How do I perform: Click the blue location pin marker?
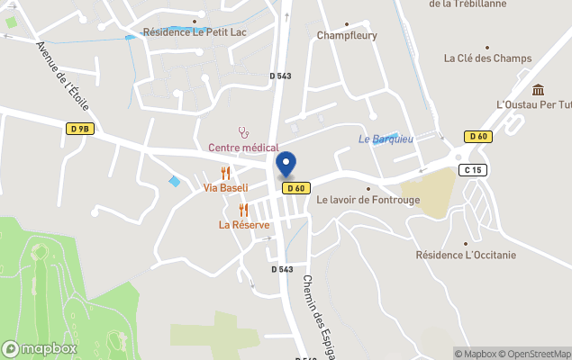[286, 165]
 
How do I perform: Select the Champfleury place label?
[346, 36]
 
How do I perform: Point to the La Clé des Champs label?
[486, 58]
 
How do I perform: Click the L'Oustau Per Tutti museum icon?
[539, 89]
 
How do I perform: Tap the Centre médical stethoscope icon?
[242, 131]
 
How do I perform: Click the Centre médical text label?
[243, 148]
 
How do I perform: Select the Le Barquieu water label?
[386, 139]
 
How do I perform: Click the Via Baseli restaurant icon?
[226, 172]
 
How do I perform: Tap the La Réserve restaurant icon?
[243, 210]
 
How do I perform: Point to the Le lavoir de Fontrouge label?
[368, 200]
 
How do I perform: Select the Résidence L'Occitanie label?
[466, 255]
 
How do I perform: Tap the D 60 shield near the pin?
[296, 188]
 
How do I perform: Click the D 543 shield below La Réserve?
[282, 269]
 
